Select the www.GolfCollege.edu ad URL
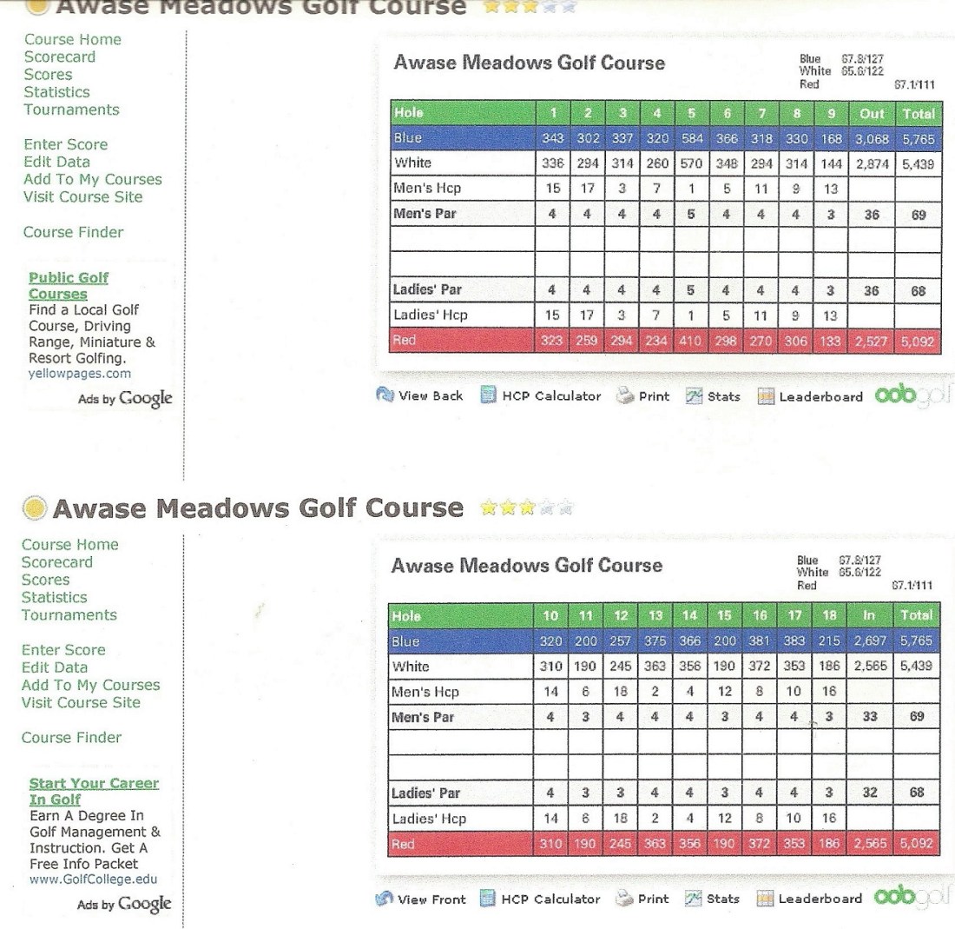point(94,879)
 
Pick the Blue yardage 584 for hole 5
point(691,138)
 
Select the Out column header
point(872,114)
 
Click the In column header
point(868,616)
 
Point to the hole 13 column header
point(655,616)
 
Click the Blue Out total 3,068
point(872,138)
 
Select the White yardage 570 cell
point(691,163)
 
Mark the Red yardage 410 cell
point(691,341)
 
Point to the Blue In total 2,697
point(868,641)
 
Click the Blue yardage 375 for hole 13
point(655,641)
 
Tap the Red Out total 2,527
point(872,341)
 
